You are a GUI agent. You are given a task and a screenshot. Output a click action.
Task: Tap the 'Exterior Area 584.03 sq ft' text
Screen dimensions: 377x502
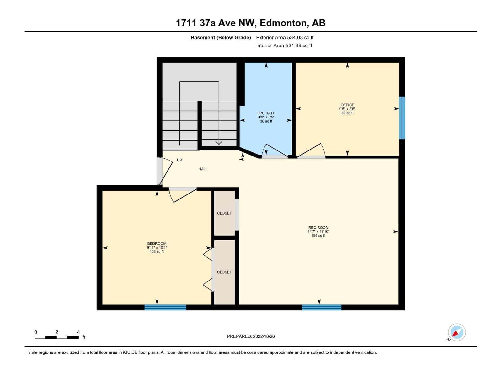click(x=285, y=37)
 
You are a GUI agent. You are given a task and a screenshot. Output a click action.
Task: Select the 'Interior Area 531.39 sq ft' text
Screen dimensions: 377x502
click(x=284, y=46)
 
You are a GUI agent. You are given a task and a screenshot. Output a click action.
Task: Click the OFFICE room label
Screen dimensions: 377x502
click(x=347, y=105)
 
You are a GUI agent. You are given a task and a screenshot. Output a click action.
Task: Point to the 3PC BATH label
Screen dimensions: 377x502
click(x=266, y=113)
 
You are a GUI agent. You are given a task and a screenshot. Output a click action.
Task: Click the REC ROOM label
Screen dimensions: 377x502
click(x=318, y=227)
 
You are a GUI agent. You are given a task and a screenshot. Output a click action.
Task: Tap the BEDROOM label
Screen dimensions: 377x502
click(x=157, y=243)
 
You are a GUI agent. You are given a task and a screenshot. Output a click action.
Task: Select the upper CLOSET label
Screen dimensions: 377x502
click(x=224, y=213)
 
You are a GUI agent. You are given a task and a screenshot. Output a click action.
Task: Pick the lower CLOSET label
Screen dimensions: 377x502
click(x=224, y=272)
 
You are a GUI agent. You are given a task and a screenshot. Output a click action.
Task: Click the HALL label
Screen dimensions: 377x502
click(x=203, y=169)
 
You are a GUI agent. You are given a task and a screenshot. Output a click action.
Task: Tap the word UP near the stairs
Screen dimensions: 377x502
click(x=179, y=160)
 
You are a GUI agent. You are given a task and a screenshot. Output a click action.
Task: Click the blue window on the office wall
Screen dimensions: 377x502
click(x=402, y=118)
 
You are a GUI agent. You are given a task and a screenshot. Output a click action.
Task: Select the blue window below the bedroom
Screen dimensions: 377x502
click(x=165, y=307)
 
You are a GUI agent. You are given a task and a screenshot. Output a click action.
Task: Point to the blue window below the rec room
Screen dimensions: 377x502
click(x=322, y=307)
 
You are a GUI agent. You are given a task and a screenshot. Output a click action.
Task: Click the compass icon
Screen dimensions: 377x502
click(x=457, y=332)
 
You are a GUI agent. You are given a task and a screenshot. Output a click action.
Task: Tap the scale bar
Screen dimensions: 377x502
click(x=57, y=337)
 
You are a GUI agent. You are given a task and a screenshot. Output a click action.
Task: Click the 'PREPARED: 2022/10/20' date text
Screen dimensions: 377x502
click(x=251, y=336)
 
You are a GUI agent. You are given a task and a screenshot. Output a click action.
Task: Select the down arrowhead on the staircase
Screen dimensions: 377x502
click(x=219, y=142)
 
